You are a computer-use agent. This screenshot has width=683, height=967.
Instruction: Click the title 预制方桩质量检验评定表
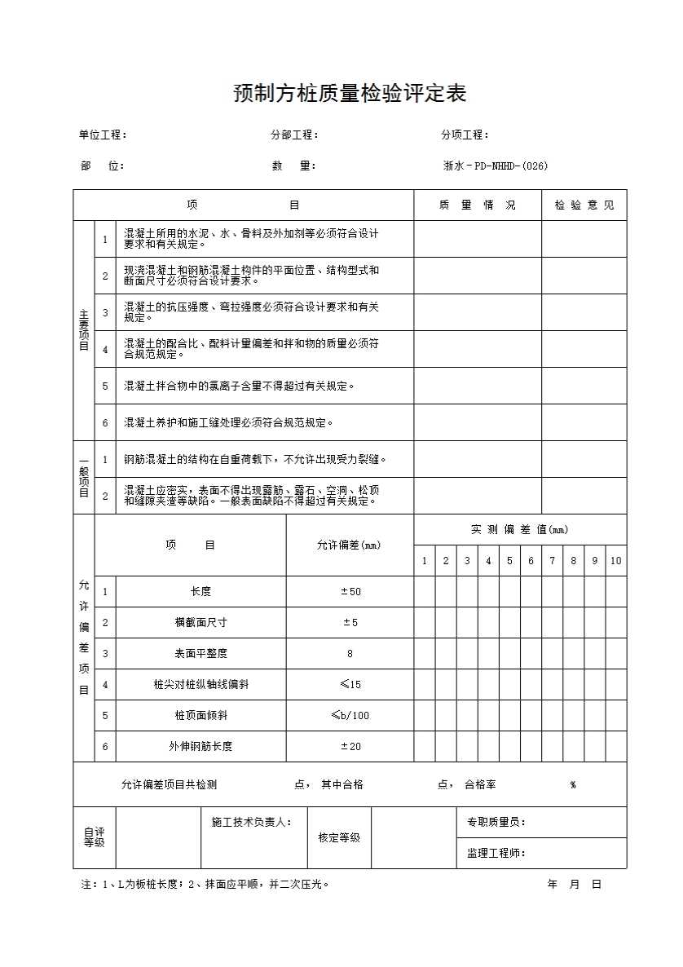[x=350, y=94]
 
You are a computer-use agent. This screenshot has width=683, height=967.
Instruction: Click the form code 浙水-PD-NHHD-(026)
[x=495, y=166]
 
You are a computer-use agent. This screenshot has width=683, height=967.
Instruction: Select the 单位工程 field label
[x=102, y=135]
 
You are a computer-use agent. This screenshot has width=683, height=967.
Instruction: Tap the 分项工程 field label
[x=465, y=135]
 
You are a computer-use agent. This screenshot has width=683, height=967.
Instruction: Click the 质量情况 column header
[x=477, y=205]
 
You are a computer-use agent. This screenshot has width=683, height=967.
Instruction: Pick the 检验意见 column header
[x=584, y=205]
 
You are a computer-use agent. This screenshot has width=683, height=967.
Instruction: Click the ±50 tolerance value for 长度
[x=350, y=591]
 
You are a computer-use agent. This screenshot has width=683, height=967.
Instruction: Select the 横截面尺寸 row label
[x=200, y=622]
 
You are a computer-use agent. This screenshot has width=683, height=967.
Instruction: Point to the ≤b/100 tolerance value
[x=350, y=715]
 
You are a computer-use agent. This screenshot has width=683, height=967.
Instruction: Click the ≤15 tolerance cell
[x=350, y=684]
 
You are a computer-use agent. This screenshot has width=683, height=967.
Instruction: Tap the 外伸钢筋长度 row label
[x=200, y=746]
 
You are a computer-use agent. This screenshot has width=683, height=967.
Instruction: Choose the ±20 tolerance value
[x=350, y=746]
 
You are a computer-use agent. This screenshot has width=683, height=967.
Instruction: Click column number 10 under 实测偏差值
[x=615, y=560]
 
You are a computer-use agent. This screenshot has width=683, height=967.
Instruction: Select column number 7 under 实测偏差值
[x=552, y=560]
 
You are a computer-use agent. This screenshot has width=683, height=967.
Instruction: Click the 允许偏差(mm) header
[x=349, y=545]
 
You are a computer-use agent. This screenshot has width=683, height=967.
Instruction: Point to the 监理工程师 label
[x=496, y=853]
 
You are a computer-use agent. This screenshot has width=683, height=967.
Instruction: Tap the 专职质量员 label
[x=496, y=822]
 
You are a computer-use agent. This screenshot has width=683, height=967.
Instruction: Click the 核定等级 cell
[x=333, y=837]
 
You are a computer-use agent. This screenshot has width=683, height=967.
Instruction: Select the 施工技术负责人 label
[x=246, y=822]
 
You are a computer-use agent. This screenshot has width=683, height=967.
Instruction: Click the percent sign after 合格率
[x=573, y=784]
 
